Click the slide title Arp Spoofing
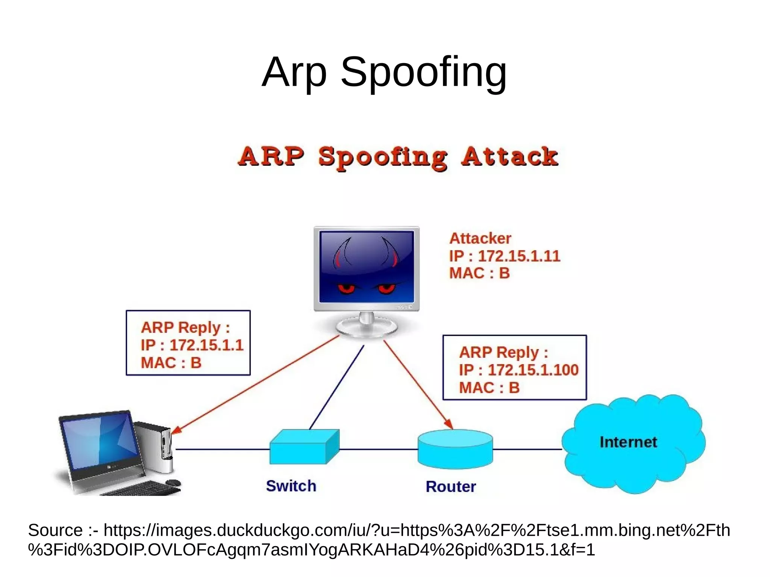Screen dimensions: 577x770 pyautogui.click(x=384, y=72)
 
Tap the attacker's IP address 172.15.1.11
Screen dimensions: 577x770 pyautogui.click(x=519, y=256)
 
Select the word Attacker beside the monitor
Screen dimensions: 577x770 pyautogui.click(x=480, y=238)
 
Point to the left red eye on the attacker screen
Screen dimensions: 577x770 pyautogui.click(x=346, y=288)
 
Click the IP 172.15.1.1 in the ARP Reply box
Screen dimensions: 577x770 pyautogui.click(x=206, y=345)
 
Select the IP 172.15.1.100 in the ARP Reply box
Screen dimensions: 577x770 pyautogui.click(x=533, y=370)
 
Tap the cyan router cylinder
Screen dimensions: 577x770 pyautogui.click(x=455, y=449)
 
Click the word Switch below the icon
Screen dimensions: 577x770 pyautogui.click(x=291, y=486)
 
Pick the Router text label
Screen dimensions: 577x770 pyautogui.click(x=451, y=486)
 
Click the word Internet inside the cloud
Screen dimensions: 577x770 pyautogui.click(x=628, y=442)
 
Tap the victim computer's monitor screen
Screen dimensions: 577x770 pyautogui.click(x=100, y=441)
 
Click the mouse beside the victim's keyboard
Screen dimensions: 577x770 pyautogui.click(x=173, y=482)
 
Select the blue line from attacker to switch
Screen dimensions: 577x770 pyautogui.click(x=336, y=387)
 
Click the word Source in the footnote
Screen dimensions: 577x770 pyautogui.click(x=55, y=530)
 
